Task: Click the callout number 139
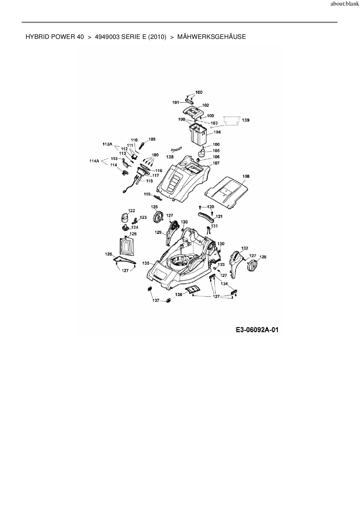(246, 120)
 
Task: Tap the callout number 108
(246, 176)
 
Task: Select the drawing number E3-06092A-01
(257, 330)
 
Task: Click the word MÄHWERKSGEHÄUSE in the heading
(211, 37)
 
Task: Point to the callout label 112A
(107, 144)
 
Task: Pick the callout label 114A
(94, 161)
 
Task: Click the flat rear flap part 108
(226, 192)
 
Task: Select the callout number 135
(146, 263)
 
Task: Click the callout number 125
(133, 234)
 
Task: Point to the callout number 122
(132, 210)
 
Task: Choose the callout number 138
(170, 157)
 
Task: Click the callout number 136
(179, 295)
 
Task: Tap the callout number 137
(156, 300)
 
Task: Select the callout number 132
(245, 248)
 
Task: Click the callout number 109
(152, 139)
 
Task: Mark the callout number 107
(216, 163)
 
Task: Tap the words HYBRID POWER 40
(55, 37)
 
